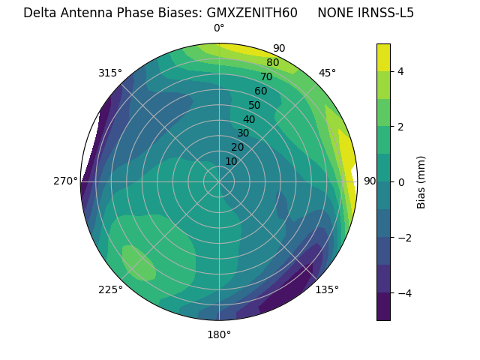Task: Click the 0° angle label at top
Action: [x=219, y=28]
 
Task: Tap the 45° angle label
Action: [x=327, y=73]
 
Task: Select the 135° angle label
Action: [x=327, y=290]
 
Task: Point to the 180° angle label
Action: [x=219, y=334]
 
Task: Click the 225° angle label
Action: [x=110, y=290]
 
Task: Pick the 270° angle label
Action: [x=66, y=181]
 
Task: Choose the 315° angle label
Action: [x=110, y=73]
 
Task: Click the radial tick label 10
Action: [x=231, y=161]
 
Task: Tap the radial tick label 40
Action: [x=249, y=119]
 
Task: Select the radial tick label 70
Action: [x=266, y=77]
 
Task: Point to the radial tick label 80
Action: [x=272, y=63]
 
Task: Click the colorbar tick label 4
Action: [x=400, y=71]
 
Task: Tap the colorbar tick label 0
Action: [x=400, y=181]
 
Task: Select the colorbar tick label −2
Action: [x=403, y=237]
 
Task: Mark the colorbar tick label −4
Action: [x=403, y=292]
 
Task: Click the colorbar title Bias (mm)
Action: [x=421, y=181]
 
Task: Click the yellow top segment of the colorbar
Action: [x=383, y=57]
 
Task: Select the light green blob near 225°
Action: [x=139, y=262]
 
